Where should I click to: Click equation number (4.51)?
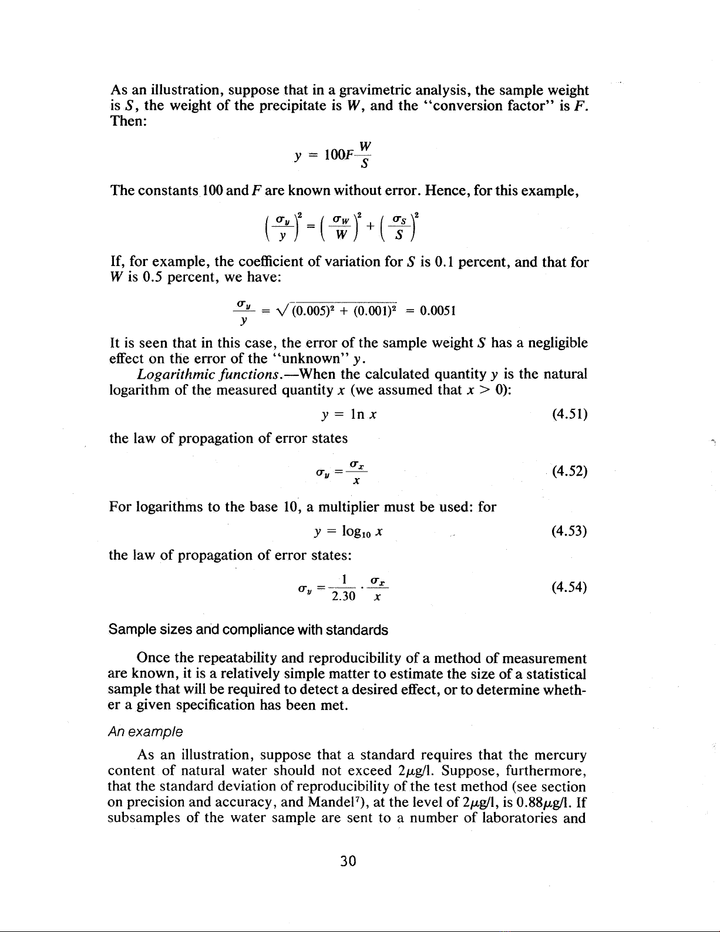[570, 415]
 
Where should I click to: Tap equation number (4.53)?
[570, 531]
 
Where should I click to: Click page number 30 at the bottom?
[349, 861]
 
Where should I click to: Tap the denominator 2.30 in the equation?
[344, 597]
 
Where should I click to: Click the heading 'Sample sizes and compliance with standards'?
[248, 630]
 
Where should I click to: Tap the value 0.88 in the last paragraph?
[541, 802]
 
